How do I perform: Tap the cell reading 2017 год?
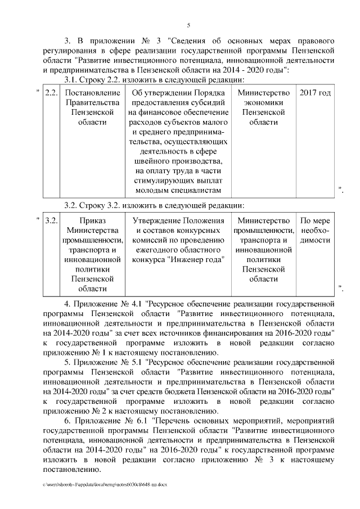point(314,92)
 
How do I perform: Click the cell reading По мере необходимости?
point(315,231)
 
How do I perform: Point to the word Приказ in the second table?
point(92,220)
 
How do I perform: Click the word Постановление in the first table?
point(92,92)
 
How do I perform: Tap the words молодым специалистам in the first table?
point(178,192)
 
